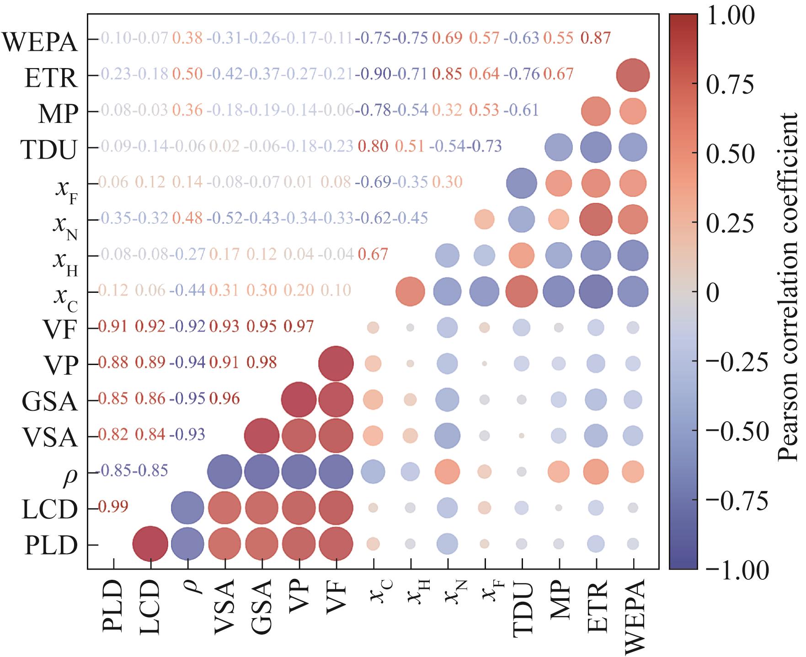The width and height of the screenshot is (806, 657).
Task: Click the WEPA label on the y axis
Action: coord(40,42)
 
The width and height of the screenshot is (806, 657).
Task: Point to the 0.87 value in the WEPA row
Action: coord(595,38)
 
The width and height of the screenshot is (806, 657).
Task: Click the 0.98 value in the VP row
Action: coord(262,362)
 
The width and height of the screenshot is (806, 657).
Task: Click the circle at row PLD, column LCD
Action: coord(150,544)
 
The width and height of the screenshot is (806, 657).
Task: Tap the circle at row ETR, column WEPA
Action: coord(633,75)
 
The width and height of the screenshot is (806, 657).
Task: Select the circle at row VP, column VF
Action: coord(336,364)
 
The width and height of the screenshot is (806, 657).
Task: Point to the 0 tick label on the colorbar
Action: coord(713,292)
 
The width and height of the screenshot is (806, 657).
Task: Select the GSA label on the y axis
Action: coord(50,402)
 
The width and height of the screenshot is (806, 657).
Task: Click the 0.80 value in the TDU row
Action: coord(374,146)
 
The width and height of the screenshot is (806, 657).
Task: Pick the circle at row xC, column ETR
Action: coord(595,291)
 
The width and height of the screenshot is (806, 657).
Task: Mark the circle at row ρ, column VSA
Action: coord(224,472)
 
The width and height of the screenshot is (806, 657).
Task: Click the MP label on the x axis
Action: coord(559,602)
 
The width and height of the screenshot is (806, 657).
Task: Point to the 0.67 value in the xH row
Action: coord(374,254)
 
